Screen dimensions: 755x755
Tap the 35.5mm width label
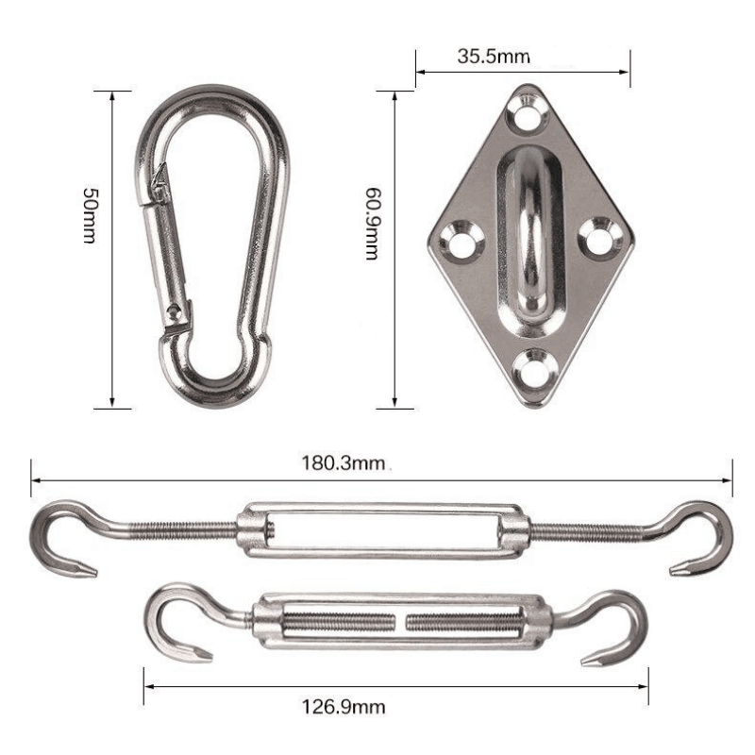coord(494,56)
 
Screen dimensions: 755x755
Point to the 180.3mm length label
coord(344,462)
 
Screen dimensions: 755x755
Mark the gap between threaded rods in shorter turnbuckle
coord(402,623)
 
